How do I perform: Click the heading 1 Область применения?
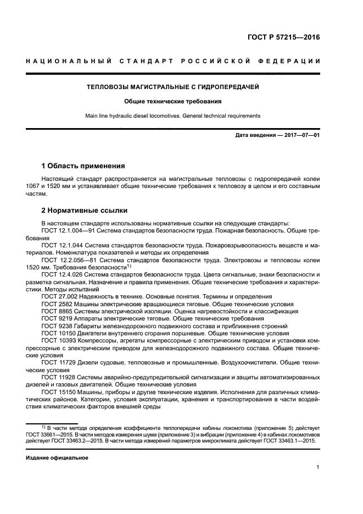83,165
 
